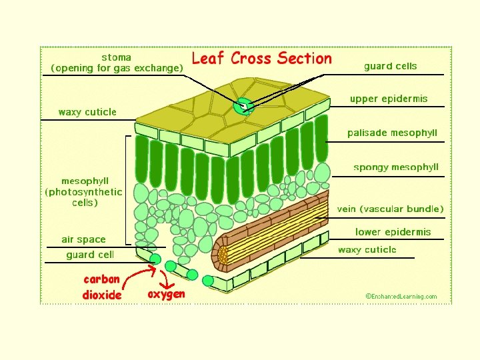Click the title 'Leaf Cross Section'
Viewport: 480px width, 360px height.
tap(261, 59)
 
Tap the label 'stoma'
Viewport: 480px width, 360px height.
tap(116, 57)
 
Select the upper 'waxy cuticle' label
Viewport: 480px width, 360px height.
tap(87, 112)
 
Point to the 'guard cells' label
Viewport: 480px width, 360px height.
tap(390, 66)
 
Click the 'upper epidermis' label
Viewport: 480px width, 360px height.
tap(388, 99)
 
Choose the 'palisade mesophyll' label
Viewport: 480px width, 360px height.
tap(392, 133)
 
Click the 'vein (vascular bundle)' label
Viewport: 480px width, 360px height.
tap(390, 209)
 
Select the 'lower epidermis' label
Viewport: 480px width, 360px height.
tap(393, 232)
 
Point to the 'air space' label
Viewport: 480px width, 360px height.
tap(83, 239)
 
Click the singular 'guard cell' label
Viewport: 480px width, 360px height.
tap(89, 255)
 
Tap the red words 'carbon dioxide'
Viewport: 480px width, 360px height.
tap(101, 287)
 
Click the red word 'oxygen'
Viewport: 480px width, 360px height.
tap(166, 293)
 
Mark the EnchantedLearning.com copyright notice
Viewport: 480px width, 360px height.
tap(401, 296)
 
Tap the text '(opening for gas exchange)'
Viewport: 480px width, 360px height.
tap(117, 68)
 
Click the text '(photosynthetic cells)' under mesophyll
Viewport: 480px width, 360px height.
tap(84, 197)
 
